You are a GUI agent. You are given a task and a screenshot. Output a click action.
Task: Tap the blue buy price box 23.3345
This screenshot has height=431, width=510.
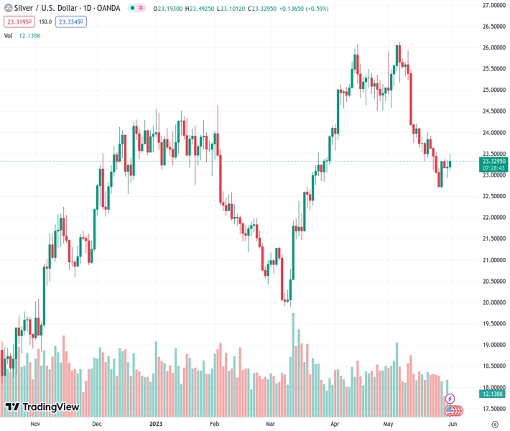click(71, 22)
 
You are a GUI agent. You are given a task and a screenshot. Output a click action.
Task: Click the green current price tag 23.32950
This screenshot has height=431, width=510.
click(493, 161)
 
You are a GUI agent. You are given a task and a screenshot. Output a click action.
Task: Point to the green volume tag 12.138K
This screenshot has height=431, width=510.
click(493, 394)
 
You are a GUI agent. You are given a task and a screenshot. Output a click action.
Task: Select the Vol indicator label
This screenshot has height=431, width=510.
click(9, 35)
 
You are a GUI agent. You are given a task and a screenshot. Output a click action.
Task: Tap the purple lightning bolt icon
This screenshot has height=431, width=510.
click(450, 398)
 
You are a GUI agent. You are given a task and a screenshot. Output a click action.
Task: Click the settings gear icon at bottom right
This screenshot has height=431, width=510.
click(495, 424)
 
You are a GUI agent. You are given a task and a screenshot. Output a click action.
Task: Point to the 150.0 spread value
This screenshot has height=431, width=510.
click(46, 22)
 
